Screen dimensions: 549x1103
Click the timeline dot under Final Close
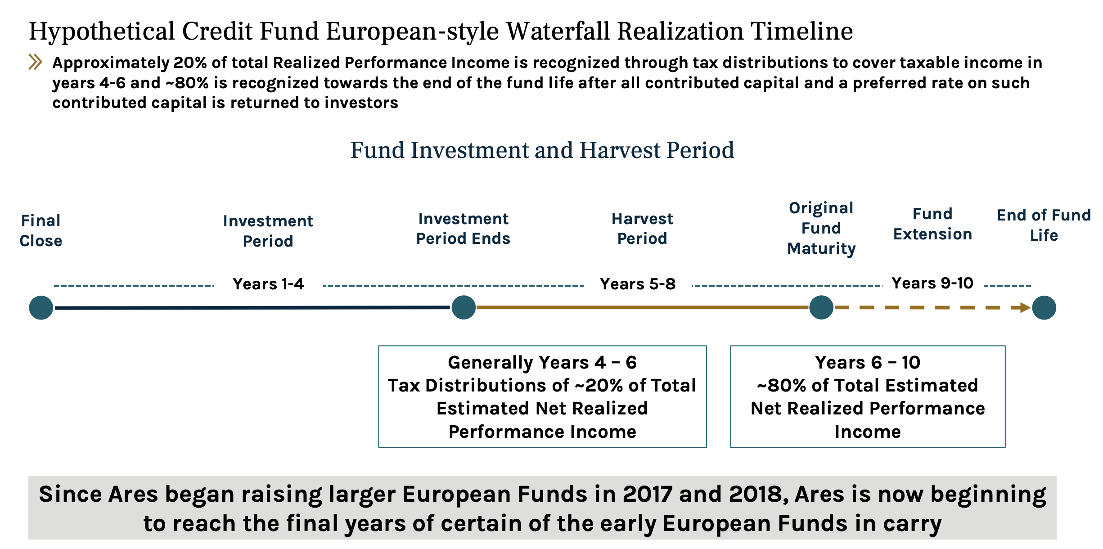pyautogui.click(x=41, y=308)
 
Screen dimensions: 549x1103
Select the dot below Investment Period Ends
pyautogui.click(x=464, y=308)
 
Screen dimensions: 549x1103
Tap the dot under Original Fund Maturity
pyautogui.click(x=821, y=308)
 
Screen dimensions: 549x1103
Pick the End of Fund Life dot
pyautogui.click(x=1044, y=308)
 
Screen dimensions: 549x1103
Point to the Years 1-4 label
pyautogui.click(x=268, y=284)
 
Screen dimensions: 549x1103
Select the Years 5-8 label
pyautogui.click(x=638, y=284)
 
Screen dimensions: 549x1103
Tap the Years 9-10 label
pyautogui.click(x=932, y=283)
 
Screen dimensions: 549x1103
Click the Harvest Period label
pyautogui.click(x=642, y=229)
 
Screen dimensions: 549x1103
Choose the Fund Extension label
pyautogui.click(x=932, y=224)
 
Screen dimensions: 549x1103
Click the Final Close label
pyautogui.click(x=41, y=230)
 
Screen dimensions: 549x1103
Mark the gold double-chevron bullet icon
pyautogui.click(x=36, y=62)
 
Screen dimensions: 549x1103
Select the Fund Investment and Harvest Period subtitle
pyautogui.click(x=542, y=150)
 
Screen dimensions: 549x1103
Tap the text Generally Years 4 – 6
pyautogui.click(x=542, y=363)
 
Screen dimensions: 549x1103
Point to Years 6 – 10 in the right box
pyautogui.click(x=868, y=363)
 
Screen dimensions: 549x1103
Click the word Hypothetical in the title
pyautogui.click(x=102, y=31)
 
